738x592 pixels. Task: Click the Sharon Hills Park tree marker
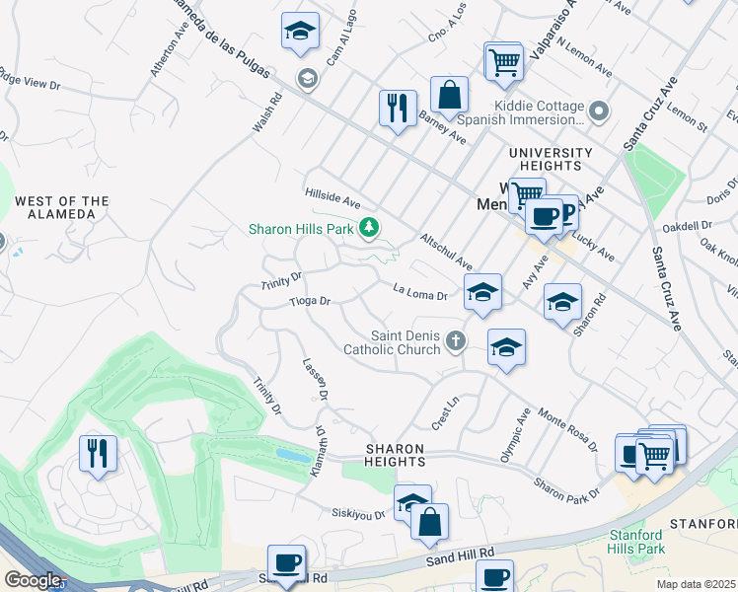coord(370,229)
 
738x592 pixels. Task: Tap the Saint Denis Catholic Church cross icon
coord(455,341)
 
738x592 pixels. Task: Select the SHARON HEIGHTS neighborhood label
coord(395,455)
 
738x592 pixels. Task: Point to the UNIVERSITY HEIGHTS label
coord(551,159)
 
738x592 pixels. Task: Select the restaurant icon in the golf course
coord(98,453)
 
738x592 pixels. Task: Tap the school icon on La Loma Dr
coord(481,291)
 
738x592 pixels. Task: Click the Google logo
coord(33,580)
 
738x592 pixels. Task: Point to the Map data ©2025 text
coord(696,584)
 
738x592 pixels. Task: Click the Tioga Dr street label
coord(309,301)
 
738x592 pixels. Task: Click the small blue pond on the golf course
coord(292,456)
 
